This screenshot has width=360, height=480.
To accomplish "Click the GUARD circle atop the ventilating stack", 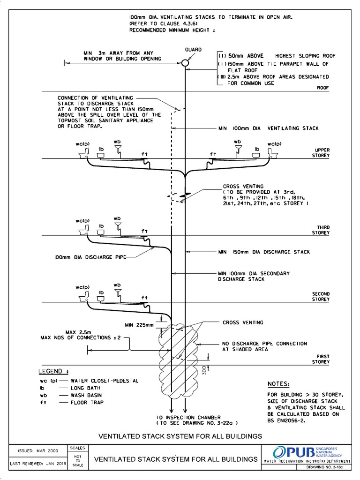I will point(186,62).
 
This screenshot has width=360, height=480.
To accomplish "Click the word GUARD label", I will point(193,49).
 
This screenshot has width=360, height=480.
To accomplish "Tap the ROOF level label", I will point(323,87).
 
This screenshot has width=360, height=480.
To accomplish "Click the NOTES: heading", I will point(278,383).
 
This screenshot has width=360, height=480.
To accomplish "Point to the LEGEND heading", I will point(53,371).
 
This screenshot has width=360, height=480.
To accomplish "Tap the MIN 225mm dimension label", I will point(139,324).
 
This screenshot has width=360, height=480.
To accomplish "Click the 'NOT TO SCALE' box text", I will point(78,461).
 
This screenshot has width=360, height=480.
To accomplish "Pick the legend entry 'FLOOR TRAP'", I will point(87,402).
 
